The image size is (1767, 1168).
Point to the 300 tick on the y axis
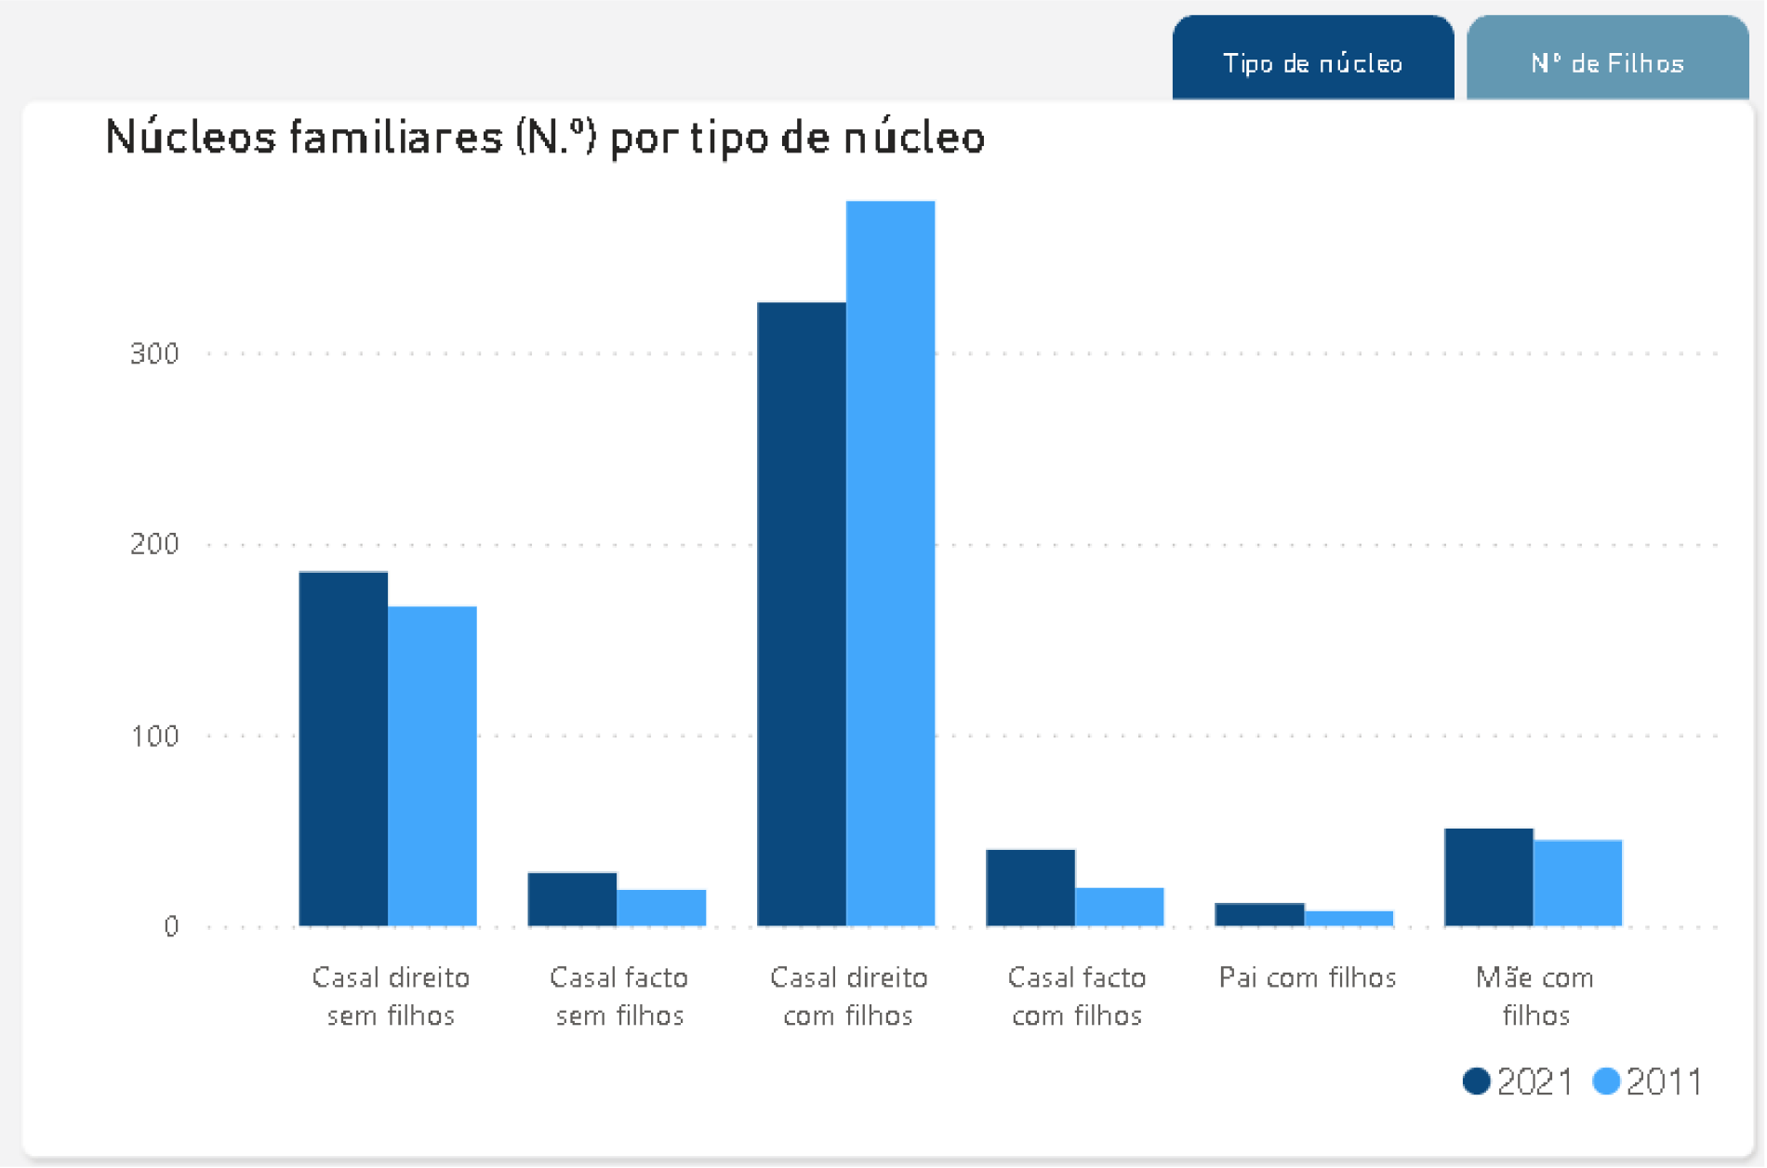click(154, 353)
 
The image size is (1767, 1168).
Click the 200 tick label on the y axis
click(154, 544)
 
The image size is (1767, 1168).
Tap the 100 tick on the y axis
click(154, 736)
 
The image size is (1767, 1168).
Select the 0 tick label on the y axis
click(171, 926)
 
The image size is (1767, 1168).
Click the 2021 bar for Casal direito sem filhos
click(343, 749)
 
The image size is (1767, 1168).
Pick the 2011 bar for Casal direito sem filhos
click(432, 766)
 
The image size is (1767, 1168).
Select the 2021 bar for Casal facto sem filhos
click(572, 899)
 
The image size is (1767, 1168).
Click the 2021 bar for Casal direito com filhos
click(802, 614)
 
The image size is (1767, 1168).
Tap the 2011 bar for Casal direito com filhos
click(890, 564)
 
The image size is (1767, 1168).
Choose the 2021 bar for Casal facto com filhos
click(1030, 888)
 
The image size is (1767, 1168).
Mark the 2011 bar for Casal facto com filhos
click(1120, 907)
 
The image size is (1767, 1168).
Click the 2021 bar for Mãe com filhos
click(1488, 877)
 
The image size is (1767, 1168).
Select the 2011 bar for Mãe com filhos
click(1577, 883)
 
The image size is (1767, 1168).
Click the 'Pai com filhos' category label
click(1308, 977)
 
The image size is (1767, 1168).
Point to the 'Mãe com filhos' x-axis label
click(1534, 996)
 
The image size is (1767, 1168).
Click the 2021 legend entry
click(1518, 1082)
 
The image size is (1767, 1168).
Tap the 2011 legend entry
click(1647, 1082)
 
